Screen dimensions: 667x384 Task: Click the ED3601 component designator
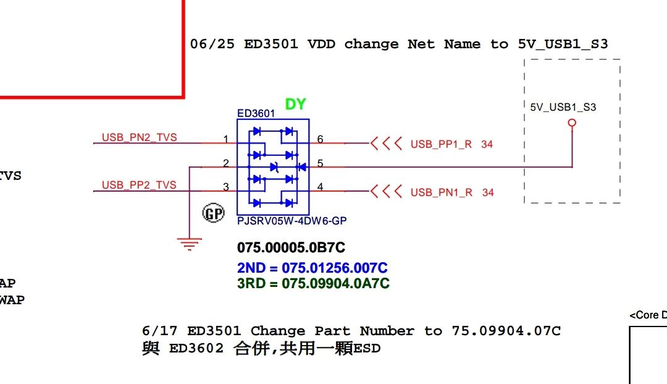coord(256,113)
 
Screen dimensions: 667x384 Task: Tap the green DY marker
coord(295,104)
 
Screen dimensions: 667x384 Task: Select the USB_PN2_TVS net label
coord(139,137)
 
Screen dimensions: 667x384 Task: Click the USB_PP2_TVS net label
coord(139,185)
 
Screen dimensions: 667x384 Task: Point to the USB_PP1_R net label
coord(441,144)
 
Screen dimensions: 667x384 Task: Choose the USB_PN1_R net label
coord(442,192)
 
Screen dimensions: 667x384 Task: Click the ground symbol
coord(190,244)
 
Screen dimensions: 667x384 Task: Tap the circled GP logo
coord(213,213)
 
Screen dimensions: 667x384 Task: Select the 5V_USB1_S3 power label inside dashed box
coord(563,107)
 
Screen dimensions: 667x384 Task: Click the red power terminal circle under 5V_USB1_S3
coord(572,123)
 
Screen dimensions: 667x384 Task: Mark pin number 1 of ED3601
coord(226,139)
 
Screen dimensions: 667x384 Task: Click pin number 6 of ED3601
coord(320,139)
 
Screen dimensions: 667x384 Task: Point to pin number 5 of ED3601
coord(320,163)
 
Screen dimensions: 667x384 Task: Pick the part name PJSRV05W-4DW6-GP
coord(292,221)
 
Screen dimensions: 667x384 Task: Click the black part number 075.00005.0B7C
coord(291,247)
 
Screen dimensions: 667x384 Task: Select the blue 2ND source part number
coord(313,268)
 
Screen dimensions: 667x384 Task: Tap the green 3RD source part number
coord(313,283)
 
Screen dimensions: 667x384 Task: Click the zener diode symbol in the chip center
coord(275,168)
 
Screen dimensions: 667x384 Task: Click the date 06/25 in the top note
coord(212,44)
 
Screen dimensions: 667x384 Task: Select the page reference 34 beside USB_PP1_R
coord(487,144)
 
